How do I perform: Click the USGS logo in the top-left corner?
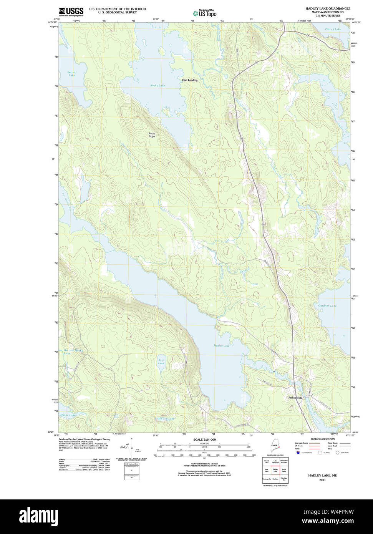point(71,12)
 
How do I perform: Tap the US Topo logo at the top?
point(205,13)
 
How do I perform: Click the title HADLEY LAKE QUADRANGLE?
point(328,8)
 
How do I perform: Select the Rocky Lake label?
point(157,85)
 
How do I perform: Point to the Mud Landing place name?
point(190,80)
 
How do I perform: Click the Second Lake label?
point(72,73)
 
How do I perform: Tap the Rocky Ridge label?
point(152,135)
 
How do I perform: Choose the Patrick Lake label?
point(333,29)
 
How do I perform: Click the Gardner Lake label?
point(327,305)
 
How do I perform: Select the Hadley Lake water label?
point(222,346)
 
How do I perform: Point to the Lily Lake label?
point(161,362)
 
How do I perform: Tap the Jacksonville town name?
point(295,398)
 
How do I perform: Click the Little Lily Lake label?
point(165,418)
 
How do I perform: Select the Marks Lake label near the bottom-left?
point(68,415)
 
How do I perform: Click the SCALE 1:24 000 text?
point(204,439)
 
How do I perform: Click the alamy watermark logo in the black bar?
point(38,516)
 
